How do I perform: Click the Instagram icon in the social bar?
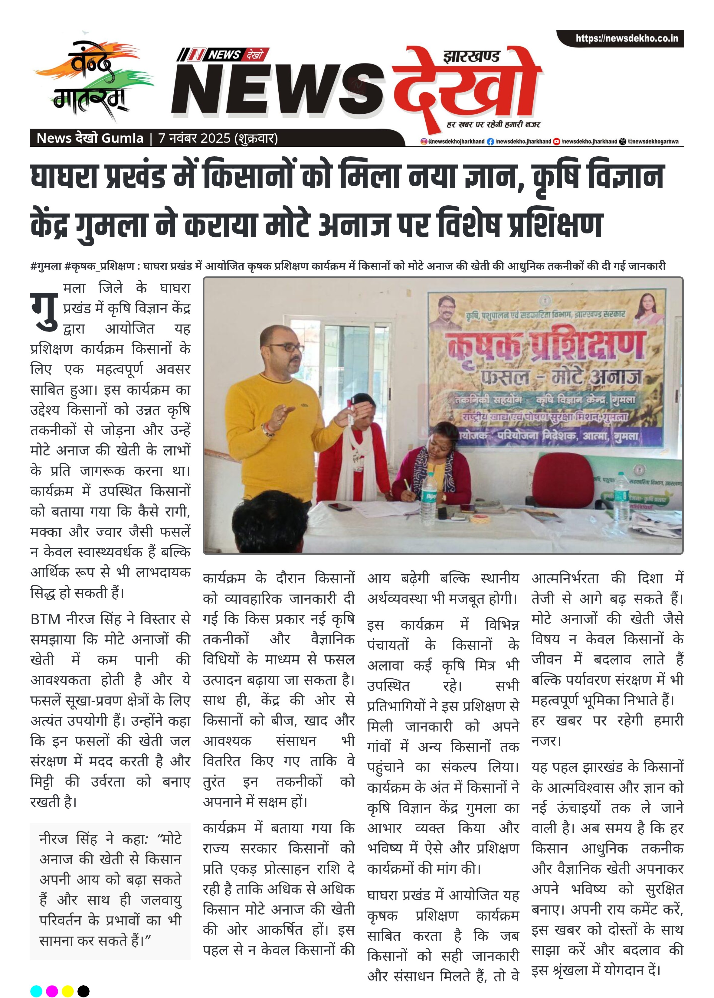point(424,142)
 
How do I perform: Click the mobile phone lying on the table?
point(340,507)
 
